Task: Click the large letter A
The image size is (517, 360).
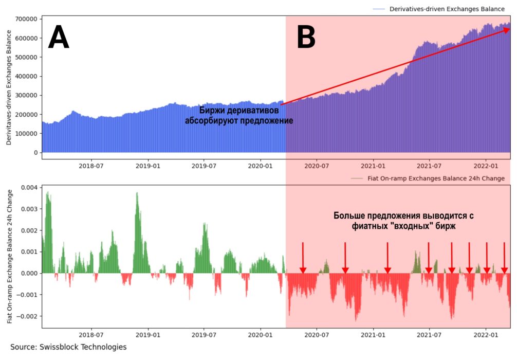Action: [58, 38]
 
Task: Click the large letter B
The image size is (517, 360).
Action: [306, 38]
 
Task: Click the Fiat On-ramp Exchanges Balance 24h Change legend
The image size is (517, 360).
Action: [436, 178]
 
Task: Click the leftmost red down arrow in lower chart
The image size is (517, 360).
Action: [303, 269]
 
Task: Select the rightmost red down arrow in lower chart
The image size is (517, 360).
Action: [504, 269]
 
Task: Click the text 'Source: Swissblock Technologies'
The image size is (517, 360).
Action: [68, 347]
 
